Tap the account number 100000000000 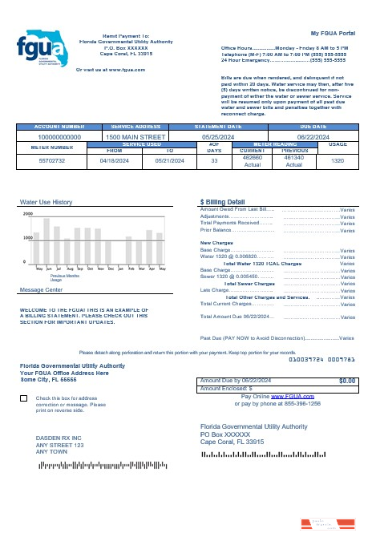point(60,137)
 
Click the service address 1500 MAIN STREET point(135,137)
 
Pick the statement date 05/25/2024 point(217,137)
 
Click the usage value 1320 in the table point(337,160)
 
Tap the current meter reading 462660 point(253,157)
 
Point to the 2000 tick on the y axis point(28,215)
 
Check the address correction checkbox point(23,398)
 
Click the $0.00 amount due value point(346,381)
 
